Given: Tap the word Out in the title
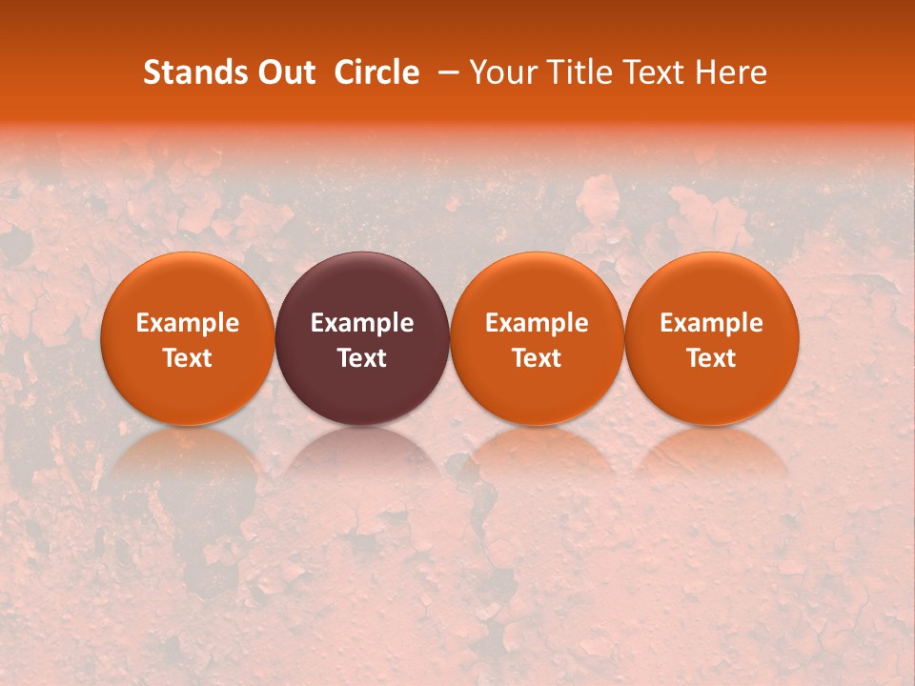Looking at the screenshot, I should point(285,72).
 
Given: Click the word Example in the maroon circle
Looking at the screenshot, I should point(362,323).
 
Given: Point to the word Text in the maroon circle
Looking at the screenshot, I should point(362,358).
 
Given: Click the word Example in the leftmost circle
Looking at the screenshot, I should point(188,323).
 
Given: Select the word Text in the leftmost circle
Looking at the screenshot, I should point(188,358).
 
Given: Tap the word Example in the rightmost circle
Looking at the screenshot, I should point(712,323).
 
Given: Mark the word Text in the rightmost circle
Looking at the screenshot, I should point(712,358).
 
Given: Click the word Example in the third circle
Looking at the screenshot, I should point(537,323).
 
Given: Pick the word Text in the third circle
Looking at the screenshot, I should point(537,358).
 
